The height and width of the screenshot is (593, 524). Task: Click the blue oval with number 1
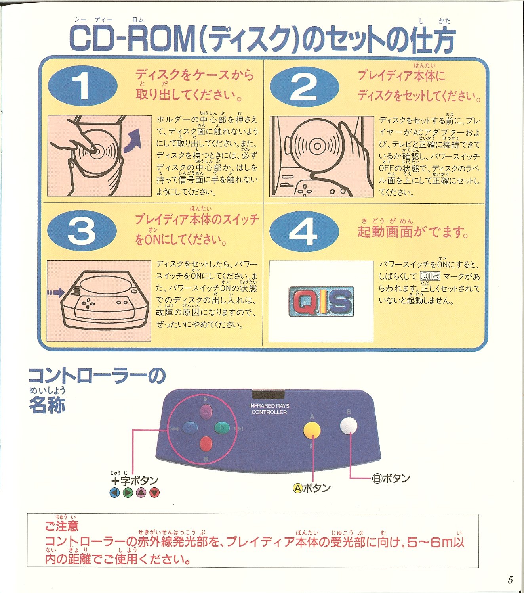tap(83, 86)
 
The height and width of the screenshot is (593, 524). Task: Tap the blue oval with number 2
tap(304, 86)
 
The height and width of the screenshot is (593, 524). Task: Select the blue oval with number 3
tap(82, 230)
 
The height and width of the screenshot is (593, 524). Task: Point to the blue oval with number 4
tap(304, 231)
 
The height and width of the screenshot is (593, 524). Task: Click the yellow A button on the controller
tap(312, 430)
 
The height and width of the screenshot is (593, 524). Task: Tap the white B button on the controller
tap(349, 425)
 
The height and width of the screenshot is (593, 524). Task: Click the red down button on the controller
tap(206, 444)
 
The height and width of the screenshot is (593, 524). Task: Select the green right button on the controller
tap(222, 428)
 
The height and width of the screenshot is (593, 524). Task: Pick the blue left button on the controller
tap(190, 428)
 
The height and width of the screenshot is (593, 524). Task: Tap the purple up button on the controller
tap(206, 411)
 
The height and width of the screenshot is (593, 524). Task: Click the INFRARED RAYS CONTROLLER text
tap(269, 409)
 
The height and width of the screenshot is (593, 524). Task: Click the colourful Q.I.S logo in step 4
tap(321, 301)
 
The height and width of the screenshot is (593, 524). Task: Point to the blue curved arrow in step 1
tap(133, 141)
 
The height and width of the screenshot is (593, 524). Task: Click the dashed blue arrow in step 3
tap(56, 292)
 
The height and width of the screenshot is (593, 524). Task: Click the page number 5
tap(510, 580)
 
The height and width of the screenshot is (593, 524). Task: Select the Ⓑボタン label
tap(391, 478)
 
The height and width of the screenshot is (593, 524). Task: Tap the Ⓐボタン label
tap(312, 488)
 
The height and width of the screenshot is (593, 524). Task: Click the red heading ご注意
tap(62, 526)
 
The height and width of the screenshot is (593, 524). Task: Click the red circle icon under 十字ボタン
tap(154, 493)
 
